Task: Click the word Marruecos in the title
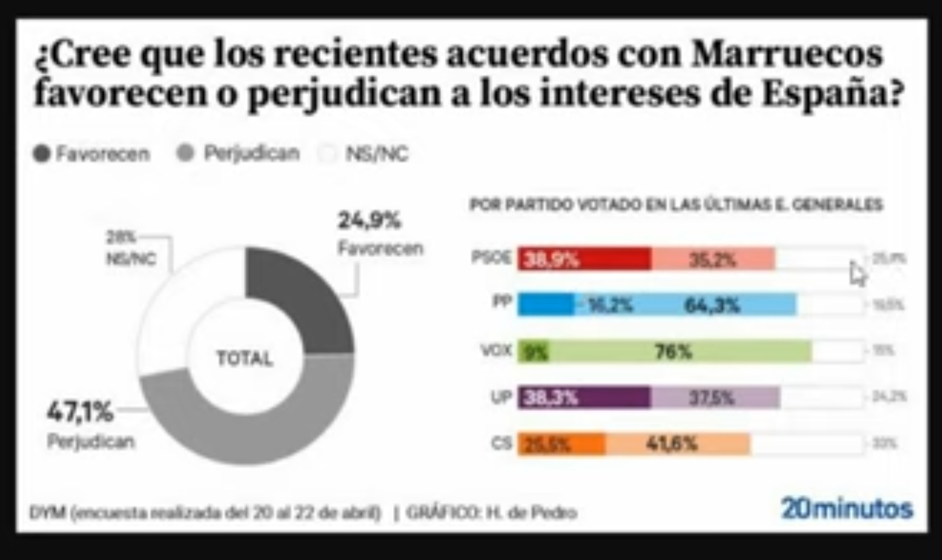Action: pos(787,54)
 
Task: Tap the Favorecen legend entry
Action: pos(92,153)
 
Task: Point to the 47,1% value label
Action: pos(79,412)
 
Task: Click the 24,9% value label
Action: pos(369,221)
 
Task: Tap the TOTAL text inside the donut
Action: pos(245,359)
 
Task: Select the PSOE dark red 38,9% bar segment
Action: pos(584,259)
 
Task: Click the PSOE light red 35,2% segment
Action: pos(713,259)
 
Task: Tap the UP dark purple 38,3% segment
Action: pos(584,398)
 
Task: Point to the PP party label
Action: pos(502,302)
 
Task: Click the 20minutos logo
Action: pos(846,509)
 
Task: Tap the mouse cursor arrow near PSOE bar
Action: pos(857,274)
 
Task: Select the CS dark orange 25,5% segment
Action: pos(561,444)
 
